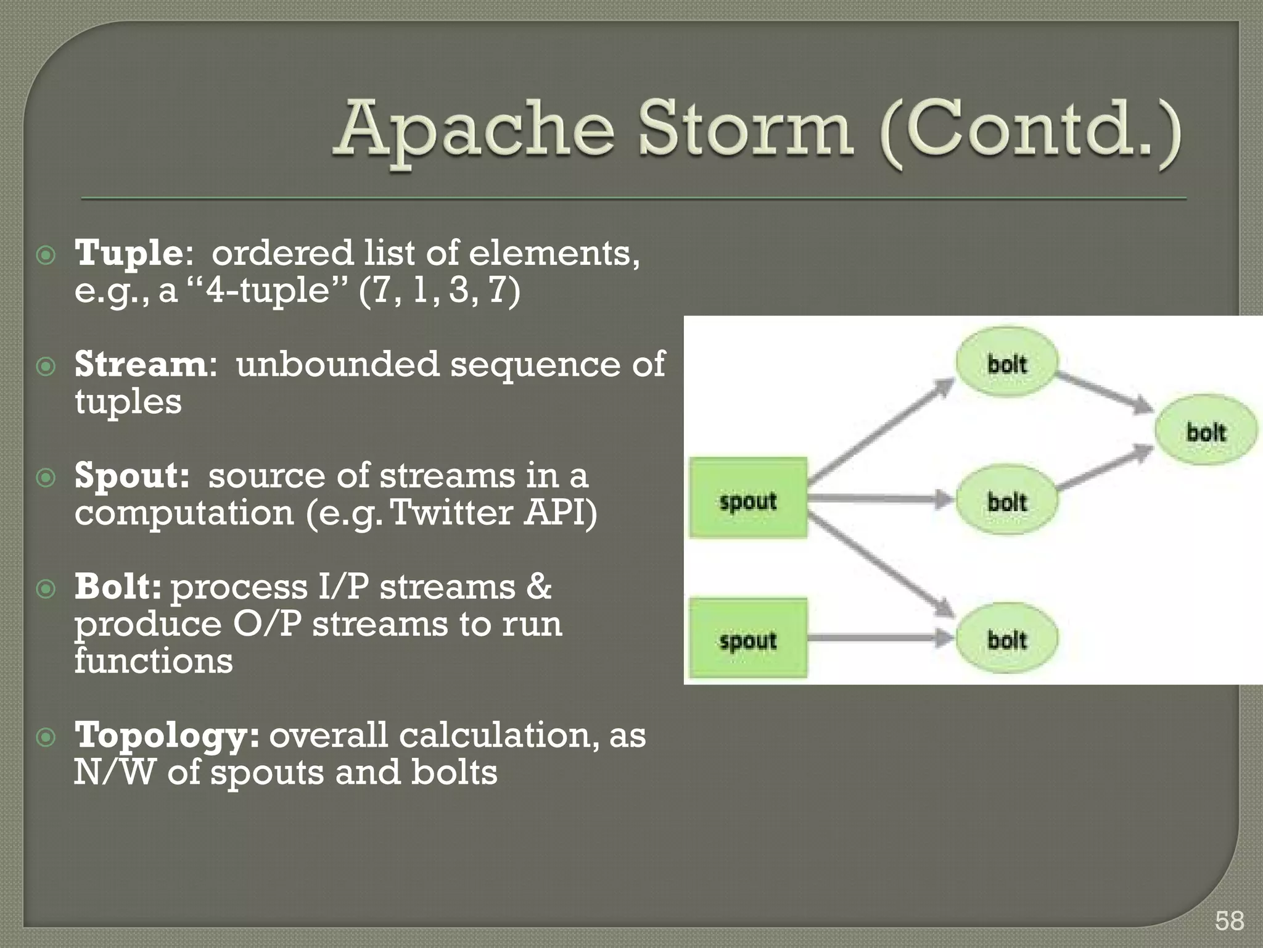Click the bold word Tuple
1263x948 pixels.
pos(128,254)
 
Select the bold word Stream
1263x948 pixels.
pos(141,365)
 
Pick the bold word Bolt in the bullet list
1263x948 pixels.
pos(118,587)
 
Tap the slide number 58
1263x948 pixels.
pos(1229,921)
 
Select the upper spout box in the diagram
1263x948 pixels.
pos(748,498)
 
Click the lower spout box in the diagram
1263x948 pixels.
pos(748,638)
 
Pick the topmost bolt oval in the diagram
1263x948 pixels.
pos(1006,363)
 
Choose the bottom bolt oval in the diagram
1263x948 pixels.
pos(1006,639)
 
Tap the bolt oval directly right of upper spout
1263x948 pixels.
pos(1006,501)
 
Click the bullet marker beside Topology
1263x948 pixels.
pos(46,737)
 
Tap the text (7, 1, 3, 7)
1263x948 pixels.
pos(439,290)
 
